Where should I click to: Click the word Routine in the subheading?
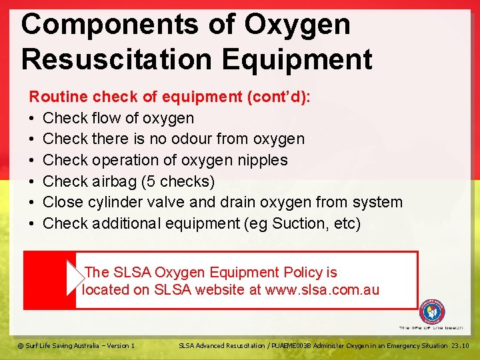click(x=58, y=97)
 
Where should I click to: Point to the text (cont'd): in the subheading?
click(x=279, y=97)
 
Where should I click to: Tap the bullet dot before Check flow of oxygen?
click(x=33, y=119)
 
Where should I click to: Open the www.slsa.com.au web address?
click(x=322, y=289)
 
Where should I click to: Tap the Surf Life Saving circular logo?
click(x=432, y=312)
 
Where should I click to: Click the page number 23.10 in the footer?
click(x=460, y=345)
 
